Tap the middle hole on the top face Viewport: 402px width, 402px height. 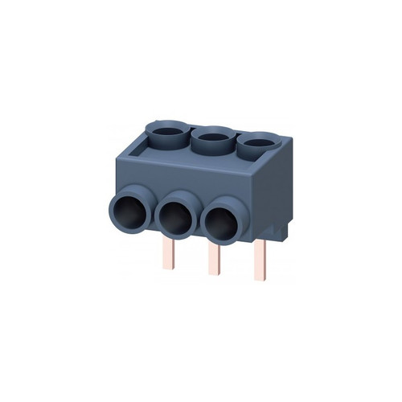click(211, 139)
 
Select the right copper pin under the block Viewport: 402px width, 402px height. click(260, 257)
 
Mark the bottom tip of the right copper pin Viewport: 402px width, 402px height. click(260, 277)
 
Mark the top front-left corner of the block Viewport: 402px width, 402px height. click(117, 150)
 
